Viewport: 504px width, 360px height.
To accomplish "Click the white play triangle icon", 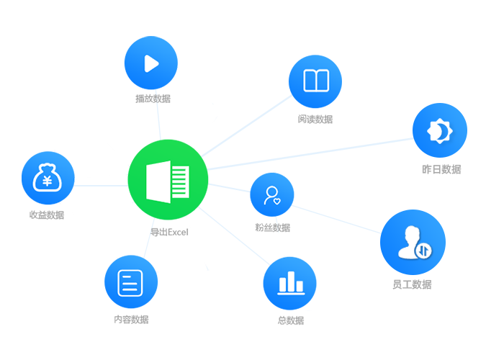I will click(151, 64).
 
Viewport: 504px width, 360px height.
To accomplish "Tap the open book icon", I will click(315, 80).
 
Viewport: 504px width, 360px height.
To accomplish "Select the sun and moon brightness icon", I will click(438, 130).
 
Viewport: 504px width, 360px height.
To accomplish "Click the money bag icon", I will click(47, 177).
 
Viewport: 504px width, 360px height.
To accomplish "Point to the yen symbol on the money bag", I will click(47, 181).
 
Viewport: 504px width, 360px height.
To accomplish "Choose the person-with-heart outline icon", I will click(272, 194).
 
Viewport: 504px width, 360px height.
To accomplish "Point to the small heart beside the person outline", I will click(277, 201).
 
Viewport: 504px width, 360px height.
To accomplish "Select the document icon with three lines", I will click(130, 282).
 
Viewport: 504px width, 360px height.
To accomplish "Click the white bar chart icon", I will click(292, 282).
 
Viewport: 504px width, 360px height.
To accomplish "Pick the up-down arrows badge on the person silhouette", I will click(423, 251).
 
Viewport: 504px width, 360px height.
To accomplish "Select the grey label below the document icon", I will click(130, 316).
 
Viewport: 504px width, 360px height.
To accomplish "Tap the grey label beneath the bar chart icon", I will click(291, 318).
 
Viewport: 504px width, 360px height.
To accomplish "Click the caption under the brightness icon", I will click(441, 170).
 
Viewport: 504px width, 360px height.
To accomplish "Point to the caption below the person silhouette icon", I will click(412, 284).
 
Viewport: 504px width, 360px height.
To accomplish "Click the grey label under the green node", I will click(158, 231).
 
